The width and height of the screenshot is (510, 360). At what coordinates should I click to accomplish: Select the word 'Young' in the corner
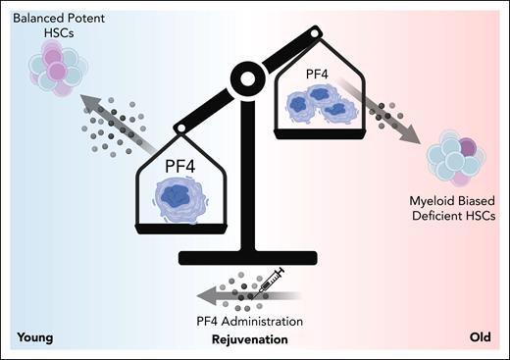34,339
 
